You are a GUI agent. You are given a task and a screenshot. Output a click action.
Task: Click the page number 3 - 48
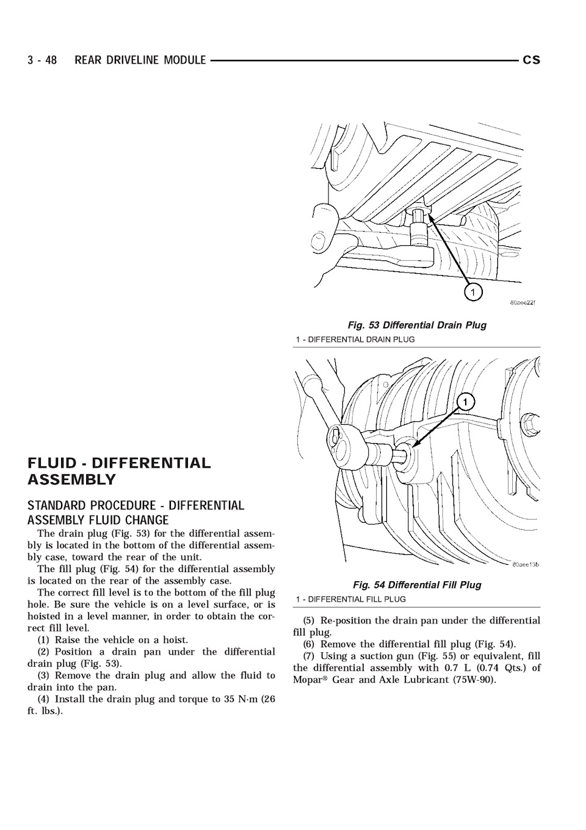pos(42,60)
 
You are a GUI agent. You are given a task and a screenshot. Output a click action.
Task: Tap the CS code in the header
pos(531,60)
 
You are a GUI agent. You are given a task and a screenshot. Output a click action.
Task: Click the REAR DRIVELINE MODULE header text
pos(140,60)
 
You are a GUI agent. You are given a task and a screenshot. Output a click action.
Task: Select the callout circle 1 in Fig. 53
pos(472,293)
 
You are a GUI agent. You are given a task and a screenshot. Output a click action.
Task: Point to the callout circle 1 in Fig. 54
pos(465,402)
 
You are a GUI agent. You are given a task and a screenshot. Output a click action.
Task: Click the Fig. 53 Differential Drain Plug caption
pos(417,325)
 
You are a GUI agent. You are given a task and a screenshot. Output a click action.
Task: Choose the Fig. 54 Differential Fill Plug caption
pos(417,585)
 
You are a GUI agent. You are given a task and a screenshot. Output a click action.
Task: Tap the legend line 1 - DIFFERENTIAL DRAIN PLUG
pos(355,339)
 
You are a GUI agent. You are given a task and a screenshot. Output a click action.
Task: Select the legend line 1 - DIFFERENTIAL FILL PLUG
pos(350,599)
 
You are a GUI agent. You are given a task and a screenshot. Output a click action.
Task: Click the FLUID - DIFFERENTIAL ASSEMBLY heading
pos(119,471)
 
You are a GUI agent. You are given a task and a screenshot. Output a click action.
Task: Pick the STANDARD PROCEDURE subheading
pos(136,513)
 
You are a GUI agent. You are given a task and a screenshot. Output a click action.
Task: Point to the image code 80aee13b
pos(525,565)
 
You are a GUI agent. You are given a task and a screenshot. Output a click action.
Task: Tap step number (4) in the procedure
pos(44,699)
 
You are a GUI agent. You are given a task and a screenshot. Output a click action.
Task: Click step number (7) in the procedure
pos(309,656)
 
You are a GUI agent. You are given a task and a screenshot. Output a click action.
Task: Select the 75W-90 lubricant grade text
pos(474,680)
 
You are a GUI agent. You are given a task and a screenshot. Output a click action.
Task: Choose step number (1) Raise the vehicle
pos(44,640)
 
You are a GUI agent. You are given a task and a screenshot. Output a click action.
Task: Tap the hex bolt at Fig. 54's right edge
pos(530,422)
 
